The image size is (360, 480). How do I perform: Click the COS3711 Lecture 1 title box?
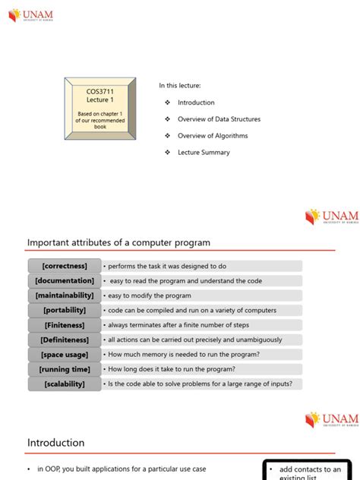(x=100, y=108)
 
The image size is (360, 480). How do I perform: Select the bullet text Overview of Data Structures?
(x=219, y=119)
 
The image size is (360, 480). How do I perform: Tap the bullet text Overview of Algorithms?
(x=212, y=136)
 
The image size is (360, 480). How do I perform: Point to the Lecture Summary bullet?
(x=204, y=153)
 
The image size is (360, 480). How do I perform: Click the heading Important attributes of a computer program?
(x=118, y=243)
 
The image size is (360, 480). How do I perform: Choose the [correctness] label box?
(x=65, y=267)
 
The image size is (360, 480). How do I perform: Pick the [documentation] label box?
(x=65, y=281)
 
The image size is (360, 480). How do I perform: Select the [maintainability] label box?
(x=65, y=295)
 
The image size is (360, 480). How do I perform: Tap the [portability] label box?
(x=65, y=311)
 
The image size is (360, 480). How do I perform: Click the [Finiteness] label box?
(x=65, y=325)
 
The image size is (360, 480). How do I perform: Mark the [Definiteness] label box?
(x=65, y=340)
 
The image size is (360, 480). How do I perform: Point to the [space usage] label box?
(x=65, y=355)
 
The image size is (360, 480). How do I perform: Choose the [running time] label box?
(x=65, y=370)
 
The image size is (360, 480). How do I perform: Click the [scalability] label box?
(x=65, y=384)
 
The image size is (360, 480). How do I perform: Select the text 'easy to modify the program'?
(x=149, y=295)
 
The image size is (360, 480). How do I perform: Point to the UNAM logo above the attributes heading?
(x=331, y=216)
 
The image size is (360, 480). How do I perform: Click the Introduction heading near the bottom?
(x=56, y=443)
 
